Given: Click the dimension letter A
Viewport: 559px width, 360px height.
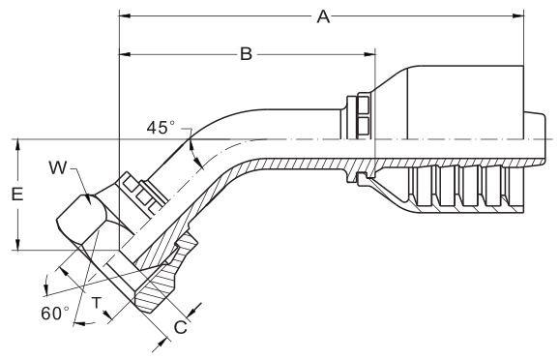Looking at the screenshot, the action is [x=323, y=16].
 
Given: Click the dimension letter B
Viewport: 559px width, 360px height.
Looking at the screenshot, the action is [x=246, y=54].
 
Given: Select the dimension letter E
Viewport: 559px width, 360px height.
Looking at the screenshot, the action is [x=17, y=195].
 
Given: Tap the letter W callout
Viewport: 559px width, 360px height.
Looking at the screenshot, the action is [x=58, y=167].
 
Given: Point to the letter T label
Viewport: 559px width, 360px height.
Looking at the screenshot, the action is [x=97, y=303].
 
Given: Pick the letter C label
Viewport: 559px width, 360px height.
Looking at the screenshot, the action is [x=181, y=327].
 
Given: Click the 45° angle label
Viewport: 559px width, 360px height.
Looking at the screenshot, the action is [x=161, y=128].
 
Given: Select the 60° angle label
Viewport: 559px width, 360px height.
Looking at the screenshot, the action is [x=55, y=314].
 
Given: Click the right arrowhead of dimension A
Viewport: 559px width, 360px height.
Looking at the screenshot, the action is [x=518, y=16].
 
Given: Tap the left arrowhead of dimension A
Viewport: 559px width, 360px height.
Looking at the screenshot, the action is [x=125, y=16].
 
